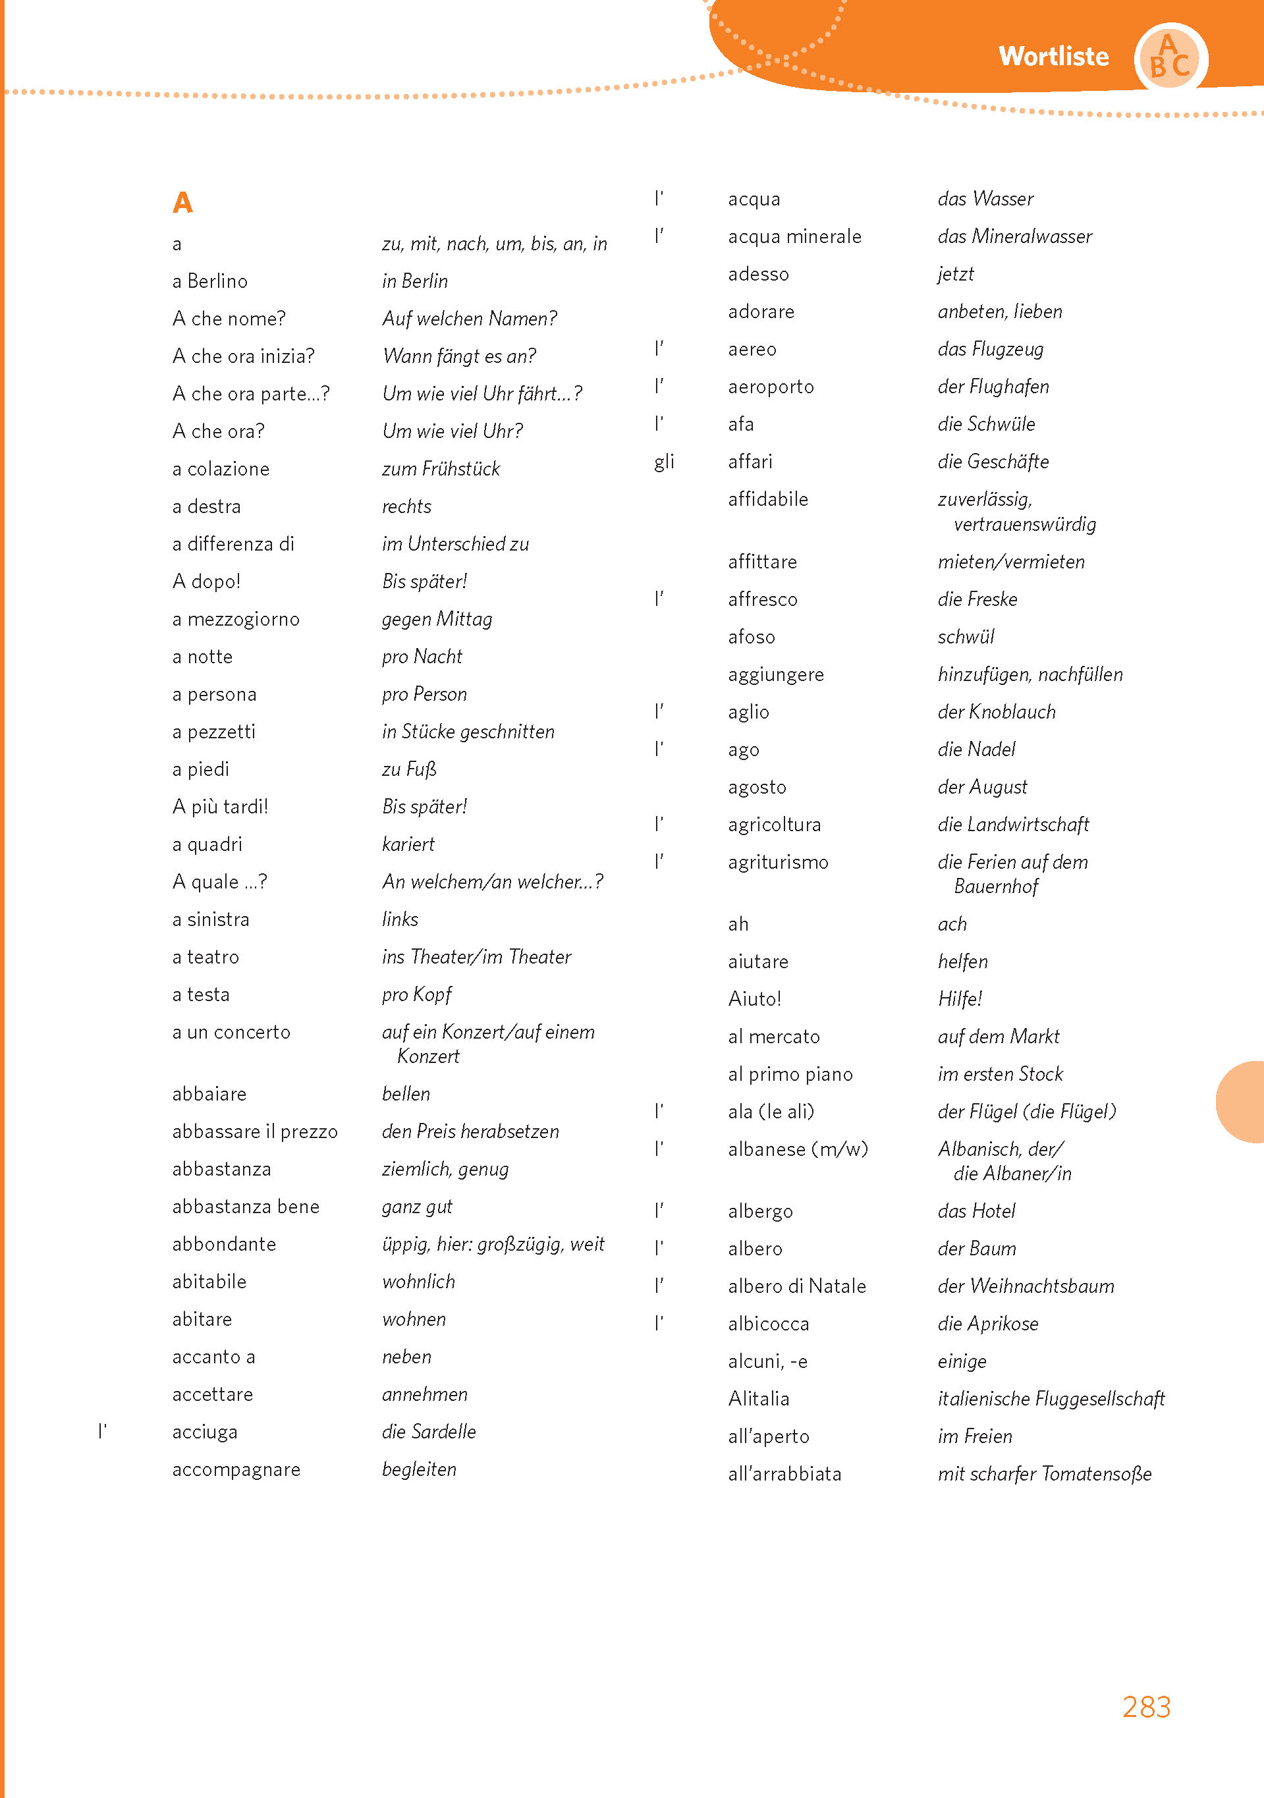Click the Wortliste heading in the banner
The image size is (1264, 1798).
coord(1053,57)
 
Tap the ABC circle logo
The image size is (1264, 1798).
coord(1170,58)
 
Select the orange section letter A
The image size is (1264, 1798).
coord(182,203)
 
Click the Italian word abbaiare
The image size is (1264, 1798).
coord(209,1094)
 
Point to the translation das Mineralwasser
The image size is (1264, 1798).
coord(1014,236)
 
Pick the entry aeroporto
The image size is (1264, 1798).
coord(771,387)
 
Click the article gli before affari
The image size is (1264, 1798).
coord(664,462)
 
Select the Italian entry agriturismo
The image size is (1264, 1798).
coord(778,862)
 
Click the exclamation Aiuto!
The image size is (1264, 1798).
coord(754,999)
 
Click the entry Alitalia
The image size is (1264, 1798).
coord(758,1399)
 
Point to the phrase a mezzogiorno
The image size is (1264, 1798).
coord(236,620)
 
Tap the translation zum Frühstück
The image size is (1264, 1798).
coord(441,469)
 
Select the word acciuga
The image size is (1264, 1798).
coord(204,1432)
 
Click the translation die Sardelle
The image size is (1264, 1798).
coord(428,1432)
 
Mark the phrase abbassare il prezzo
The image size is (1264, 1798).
coord(254,1131)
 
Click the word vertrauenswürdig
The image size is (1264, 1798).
coord(1024,525)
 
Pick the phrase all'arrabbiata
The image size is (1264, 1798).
coord(784,1474)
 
